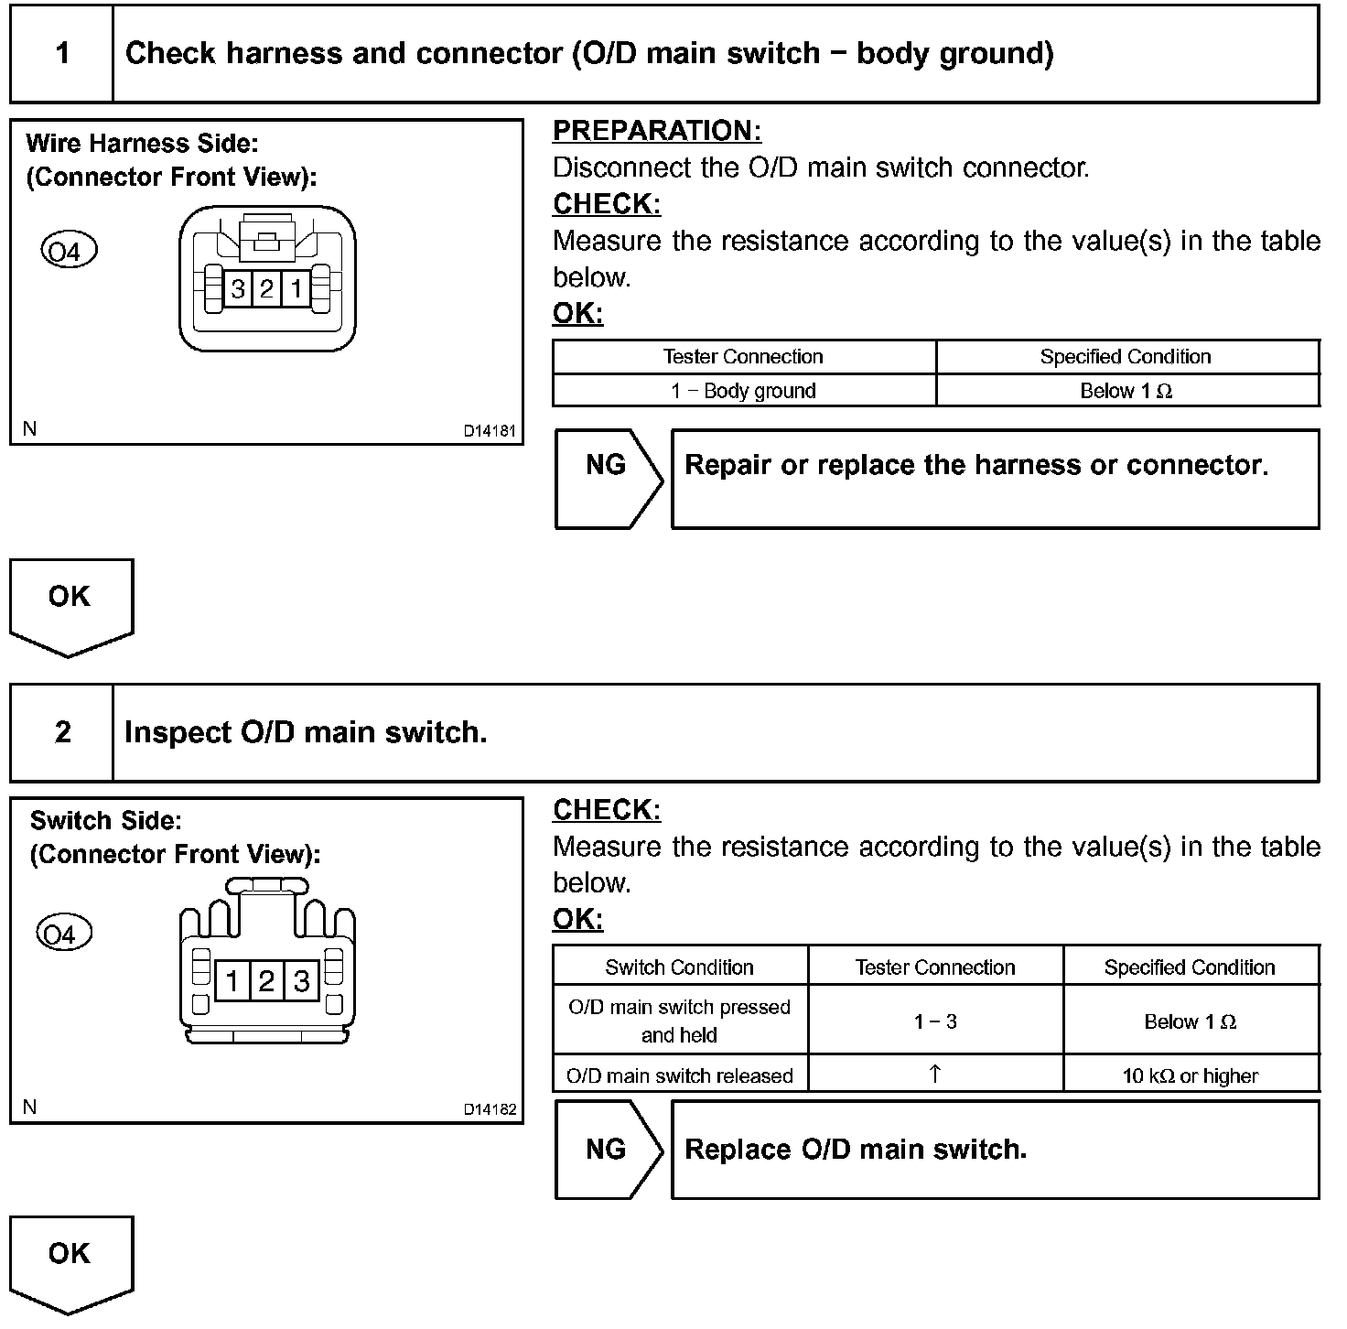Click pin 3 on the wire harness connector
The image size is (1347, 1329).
pyautogui.click(x=238, y=290)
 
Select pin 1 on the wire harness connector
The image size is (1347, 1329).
pyautogui.click(x=296, y=290)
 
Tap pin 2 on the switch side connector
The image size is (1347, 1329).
pyautogui.click(x=266, y=982)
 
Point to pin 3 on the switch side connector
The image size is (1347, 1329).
pyautogui.click(x=301, y=982)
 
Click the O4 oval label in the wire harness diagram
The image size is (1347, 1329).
pyautogui.click(x=69, y=251)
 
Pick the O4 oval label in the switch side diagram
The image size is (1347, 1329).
pyautogui.click(x=63, y=935)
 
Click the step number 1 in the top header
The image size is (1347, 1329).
pyautogui.click(x=62, y=53)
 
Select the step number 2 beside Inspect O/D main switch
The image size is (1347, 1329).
pyautogui.click(x=62, y=732)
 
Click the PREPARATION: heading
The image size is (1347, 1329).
pyautogui.click(x=656, y=131)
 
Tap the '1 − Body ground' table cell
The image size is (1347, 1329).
pyautogui.click(x=743, y=391)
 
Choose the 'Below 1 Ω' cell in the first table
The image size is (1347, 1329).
pyautogui.click(x=1126, y=391)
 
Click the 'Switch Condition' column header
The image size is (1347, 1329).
pyautogui.click(x=679, y=967)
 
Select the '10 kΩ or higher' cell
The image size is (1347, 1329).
pyautogui.click(x=1190, y=1076)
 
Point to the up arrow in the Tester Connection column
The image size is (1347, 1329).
pyautogui.click(x=934, y=1075)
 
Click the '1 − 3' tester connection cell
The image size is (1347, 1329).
pyautogui.click(x=934, y=1021)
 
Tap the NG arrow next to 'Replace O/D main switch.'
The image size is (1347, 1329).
pyautogui.click(x=607, y=1150)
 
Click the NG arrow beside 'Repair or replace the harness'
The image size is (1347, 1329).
pyautogui.click(x=607, y=466)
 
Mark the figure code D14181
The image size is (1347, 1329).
pyautogui.click(x=490, y=431)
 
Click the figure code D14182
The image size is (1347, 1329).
pyautogui.click(x=490, y=1110)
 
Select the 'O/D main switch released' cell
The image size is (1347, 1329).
pyautogui.click(x=679, y=1076)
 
